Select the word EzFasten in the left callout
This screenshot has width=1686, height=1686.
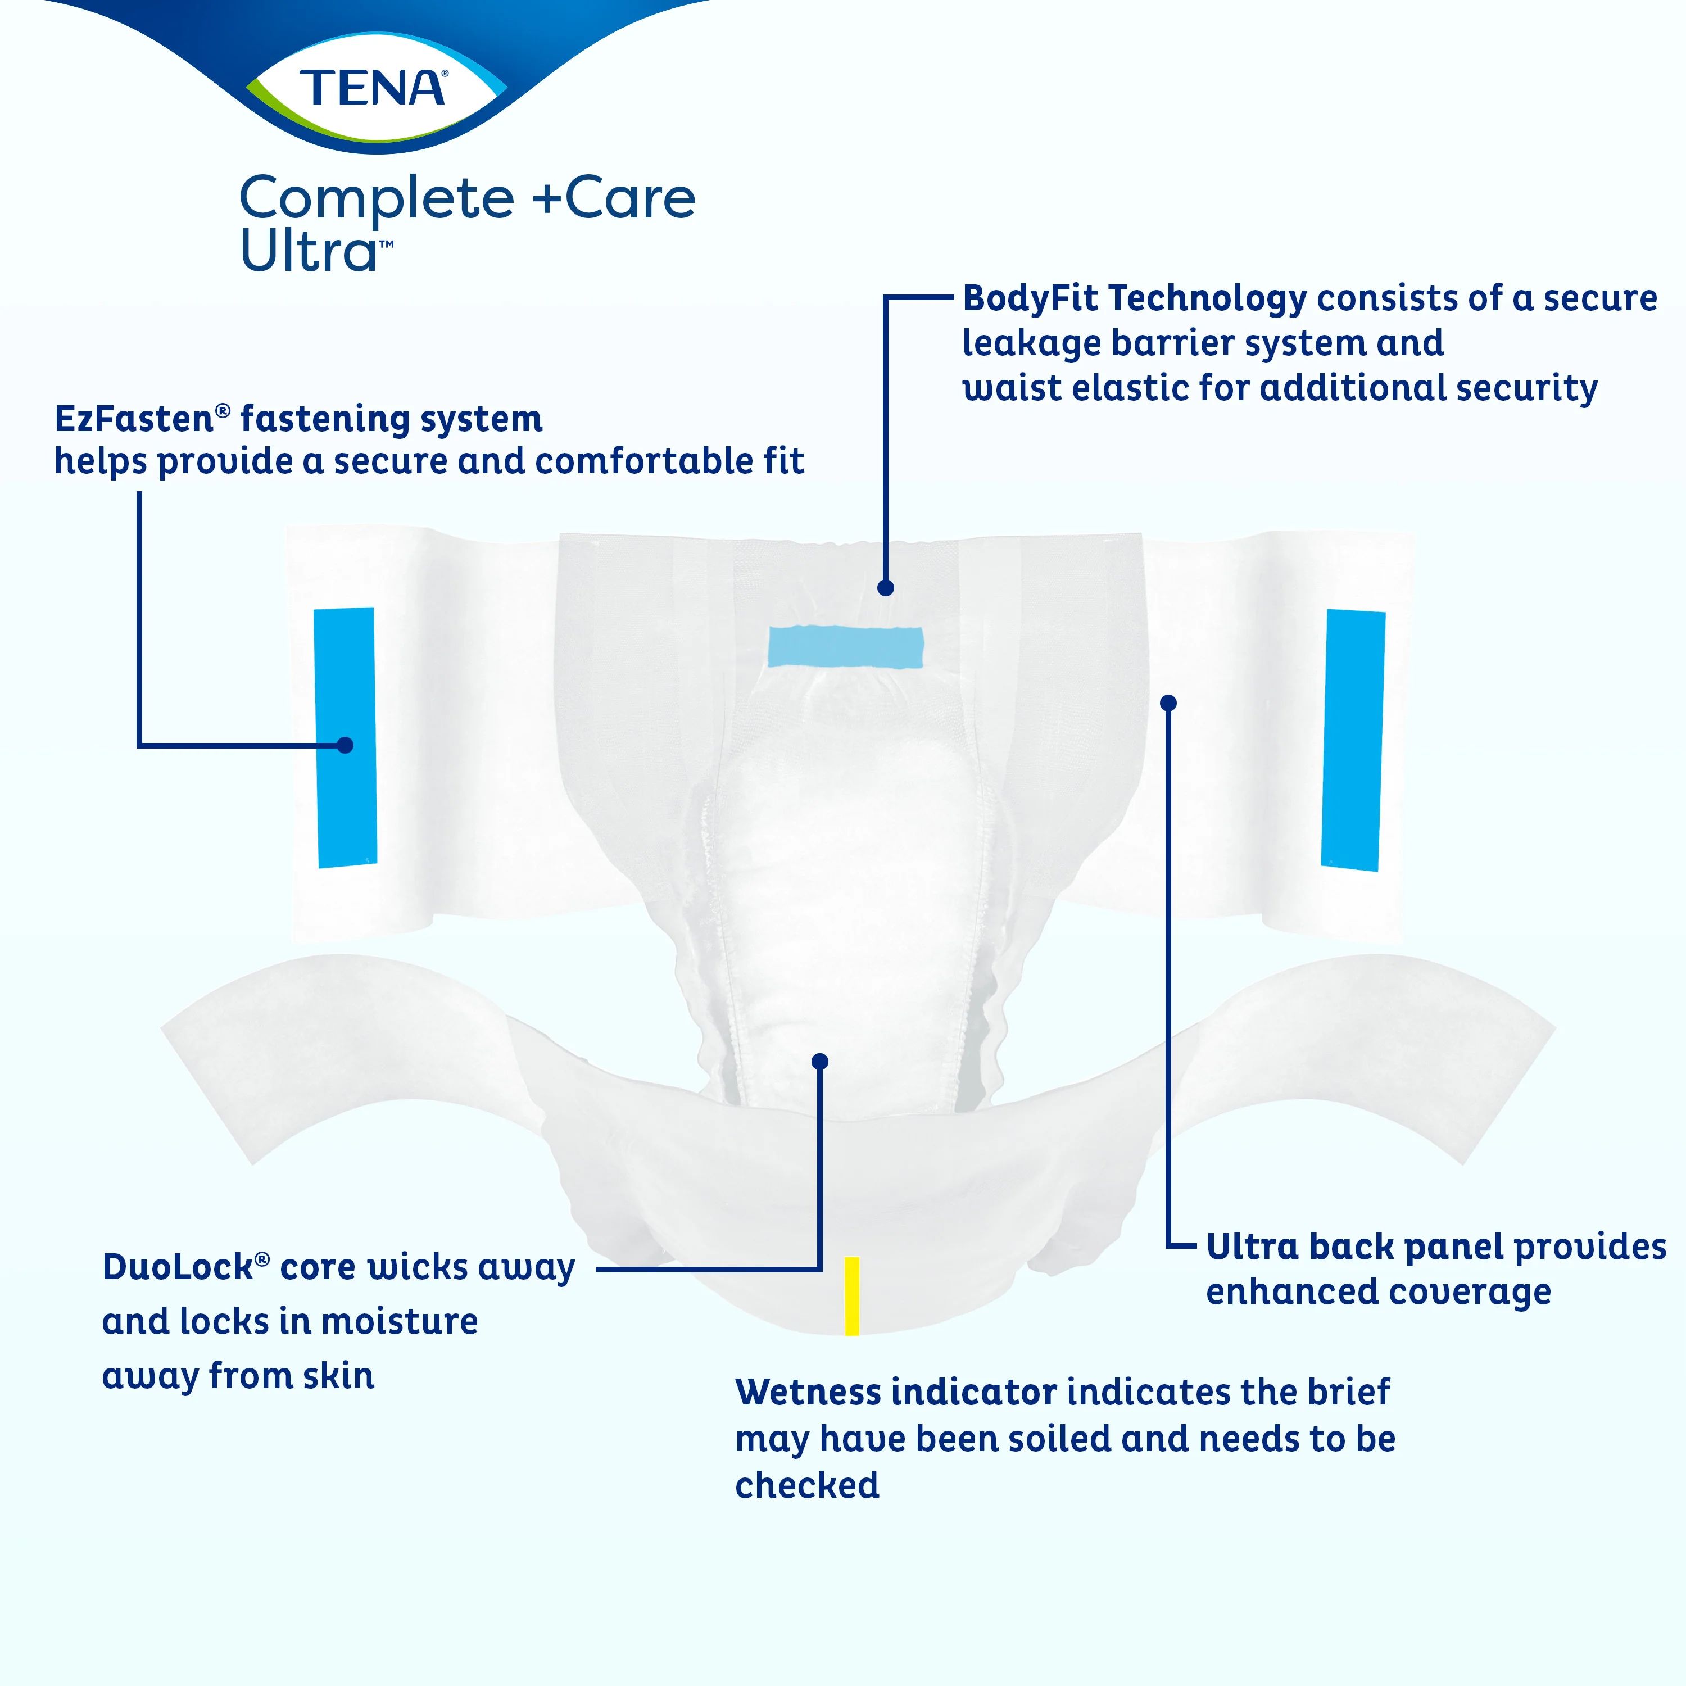point(134,419)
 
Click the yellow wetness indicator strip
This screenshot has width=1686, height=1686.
point(852,1296)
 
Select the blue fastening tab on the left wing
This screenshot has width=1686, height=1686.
point(346,737)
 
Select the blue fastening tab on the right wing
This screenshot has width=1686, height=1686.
point(1353,740)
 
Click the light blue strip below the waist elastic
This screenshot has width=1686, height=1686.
point(845,647)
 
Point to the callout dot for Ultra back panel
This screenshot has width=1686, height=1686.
point(1168,703)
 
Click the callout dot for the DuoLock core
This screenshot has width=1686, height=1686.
point(819,1061)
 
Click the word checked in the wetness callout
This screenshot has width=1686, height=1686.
point(807,1485)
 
